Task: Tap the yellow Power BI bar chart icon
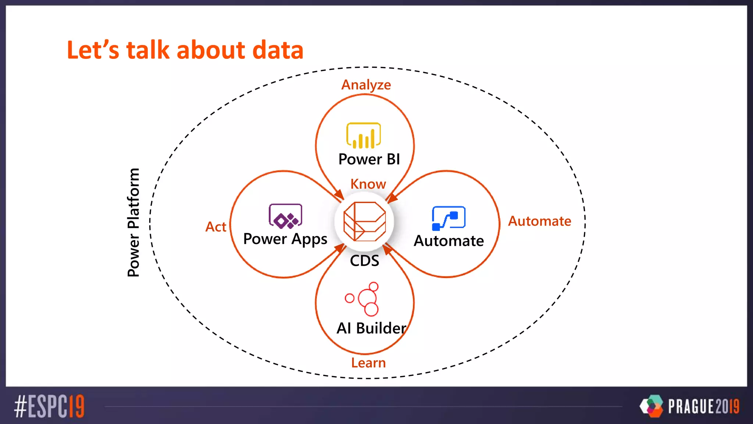pos(363,135)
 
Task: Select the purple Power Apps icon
pos(285,216)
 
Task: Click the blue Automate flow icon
pos(448,218)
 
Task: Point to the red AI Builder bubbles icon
pos(364,299)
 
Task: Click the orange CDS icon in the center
pos(364,221)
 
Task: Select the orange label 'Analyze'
pos(366,85)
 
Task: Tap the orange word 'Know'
pos(368,184)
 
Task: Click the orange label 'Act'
pos(216,227)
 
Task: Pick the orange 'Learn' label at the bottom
pos(368,363)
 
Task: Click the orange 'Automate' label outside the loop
pos(539,221)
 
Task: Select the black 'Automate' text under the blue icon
pos(449,241)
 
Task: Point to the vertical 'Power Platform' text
pos(133,222)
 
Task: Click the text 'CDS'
pos(364,261)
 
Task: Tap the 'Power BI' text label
pos(369,159)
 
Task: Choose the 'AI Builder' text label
pos(371,328)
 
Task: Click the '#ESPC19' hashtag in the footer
pos(49,406)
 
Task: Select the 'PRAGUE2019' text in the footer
pos(703,406)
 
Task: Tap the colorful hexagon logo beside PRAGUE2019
pos(652,406)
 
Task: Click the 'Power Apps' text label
pos(285,239)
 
